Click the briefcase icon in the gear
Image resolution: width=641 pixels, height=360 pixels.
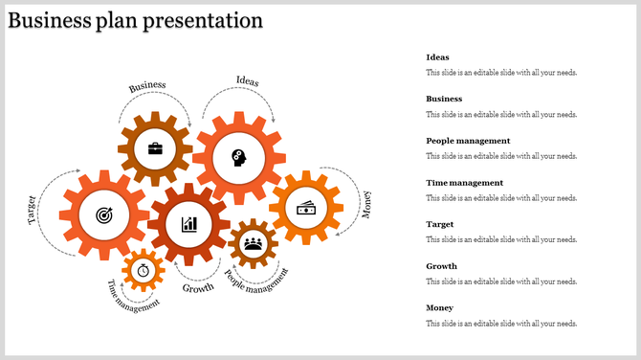(154, 148)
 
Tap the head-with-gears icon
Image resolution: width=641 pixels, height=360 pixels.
(237, 157)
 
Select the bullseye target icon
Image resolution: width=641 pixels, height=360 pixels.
(103, 216)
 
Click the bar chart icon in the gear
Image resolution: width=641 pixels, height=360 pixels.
(189, 224)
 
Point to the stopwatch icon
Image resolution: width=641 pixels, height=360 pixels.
(144, 270)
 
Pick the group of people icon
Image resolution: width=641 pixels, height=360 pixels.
(253, 243)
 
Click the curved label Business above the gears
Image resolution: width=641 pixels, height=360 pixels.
(147, 86)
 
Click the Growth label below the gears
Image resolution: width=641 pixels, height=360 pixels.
(198, 288)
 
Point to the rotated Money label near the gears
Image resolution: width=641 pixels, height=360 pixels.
(365, 204)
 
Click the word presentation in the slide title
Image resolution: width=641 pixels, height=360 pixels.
(203, 20)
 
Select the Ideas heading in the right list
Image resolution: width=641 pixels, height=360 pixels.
(437, 57)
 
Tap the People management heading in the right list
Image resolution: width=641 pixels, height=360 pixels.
(468, 141)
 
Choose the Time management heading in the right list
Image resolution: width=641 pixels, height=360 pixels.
(464, 183)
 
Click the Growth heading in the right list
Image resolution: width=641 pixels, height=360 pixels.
(442, 266)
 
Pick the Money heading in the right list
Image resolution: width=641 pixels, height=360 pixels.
(440, 308)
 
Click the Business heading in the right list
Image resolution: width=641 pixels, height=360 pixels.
(444, 99)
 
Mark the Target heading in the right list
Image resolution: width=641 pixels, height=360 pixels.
(440, 224)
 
